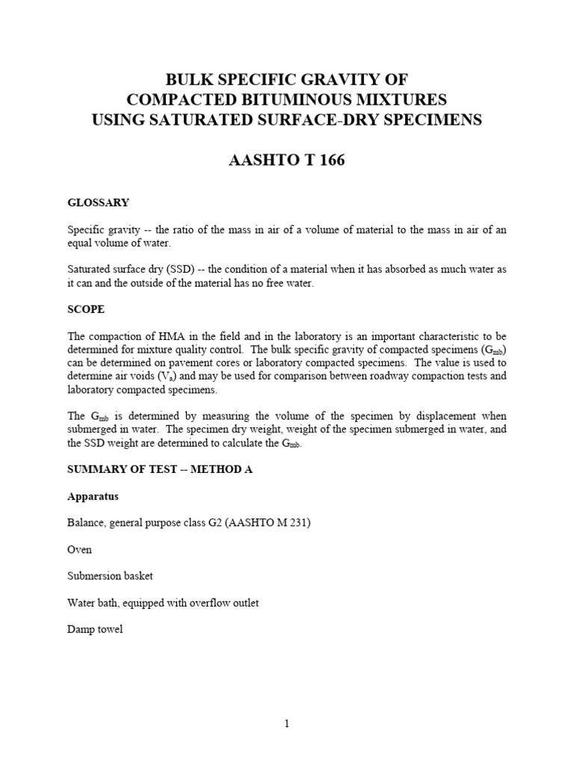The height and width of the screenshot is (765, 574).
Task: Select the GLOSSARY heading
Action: pyautogui.click(x=98, y=202)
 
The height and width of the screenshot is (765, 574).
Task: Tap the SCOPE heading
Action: pyautogui.click(x=86, y=309)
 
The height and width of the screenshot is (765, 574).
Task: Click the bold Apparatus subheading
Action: pyautogui.click(x=93, y=496)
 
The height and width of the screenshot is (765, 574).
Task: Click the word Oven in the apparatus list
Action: pyautogui.click(x=79, y=550)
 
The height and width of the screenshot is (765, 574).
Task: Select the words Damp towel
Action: pyautogui.click(x=95, y=630)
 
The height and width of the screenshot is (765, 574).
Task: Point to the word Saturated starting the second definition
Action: pyautogui.click(x=91, y=269)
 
